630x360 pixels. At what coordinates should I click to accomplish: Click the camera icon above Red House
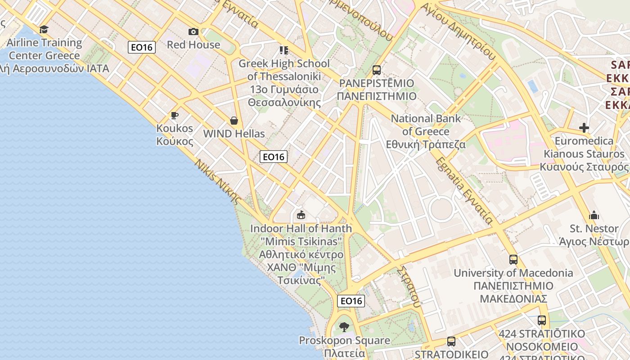point(193,31)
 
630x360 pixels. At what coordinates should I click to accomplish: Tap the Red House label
point(193,45)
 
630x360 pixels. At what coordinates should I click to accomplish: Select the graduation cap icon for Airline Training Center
point(44,30)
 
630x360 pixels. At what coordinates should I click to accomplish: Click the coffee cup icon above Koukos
point(175,116)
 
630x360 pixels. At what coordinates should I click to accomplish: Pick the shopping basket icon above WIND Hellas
point(234,121)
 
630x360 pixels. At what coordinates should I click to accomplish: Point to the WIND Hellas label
point(234,134)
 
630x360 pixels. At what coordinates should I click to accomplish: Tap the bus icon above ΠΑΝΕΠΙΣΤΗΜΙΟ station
point(377,70)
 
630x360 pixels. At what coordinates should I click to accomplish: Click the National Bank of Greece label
point(426,131)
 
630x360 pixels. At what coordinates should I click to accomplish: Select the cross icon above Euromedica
point(584,128)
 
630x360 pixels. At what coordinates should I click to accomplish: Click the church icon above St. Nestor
point(594,215)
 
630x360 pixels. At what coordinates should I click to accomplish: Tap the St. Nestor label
point(594,229)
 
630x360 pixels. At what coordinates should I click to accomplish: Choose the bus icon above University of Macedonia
point(513,260)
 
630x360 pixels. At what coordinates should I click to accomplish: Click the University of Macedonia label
point(513,273)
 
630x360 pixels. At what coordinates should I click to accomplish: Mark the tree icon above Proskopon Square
point(344,327)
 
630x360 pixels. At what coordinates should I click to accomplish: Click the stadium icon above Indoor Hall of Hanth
point(301,215)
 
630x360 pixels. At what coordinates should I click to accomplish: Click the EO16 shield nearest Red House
point(142,47)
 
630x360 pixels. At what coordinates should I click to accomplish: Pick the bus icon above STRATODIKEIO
point(451,342)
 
